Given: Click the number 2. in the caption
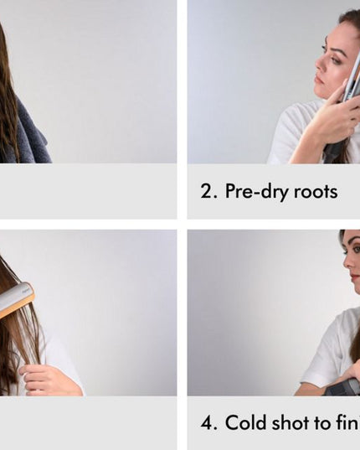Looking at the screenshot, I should pyautogui.click(x=208, y=191).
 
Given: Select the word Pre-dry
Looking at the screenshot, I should pyautogui.click(x=254, y=192).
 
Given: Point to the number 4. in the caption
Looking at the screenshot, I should pyautogui.click(x=208, y=423).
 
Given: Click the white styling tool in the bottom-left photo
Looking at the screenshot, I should pyautogui.click(x=16, y=298).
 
